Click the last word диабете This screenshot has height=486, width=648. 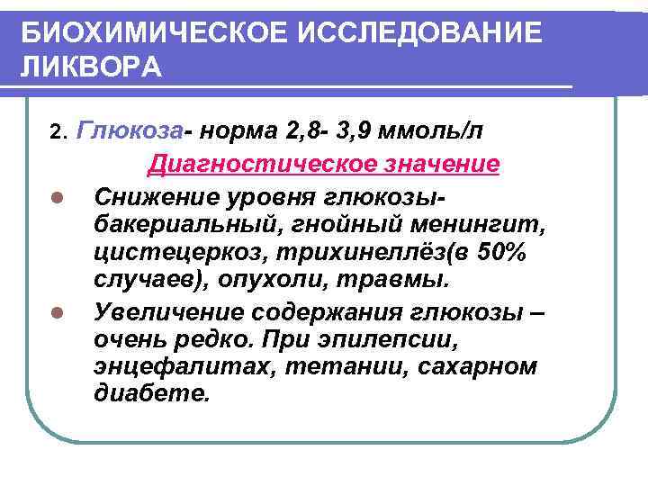pyautogui.click(x=149, y=397)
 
